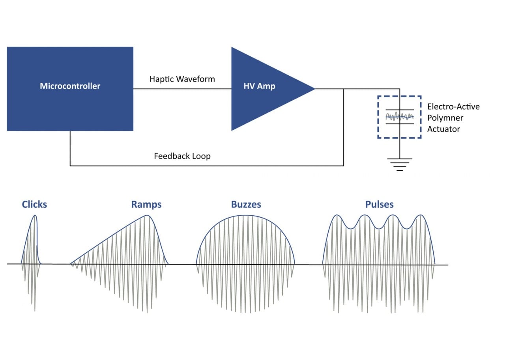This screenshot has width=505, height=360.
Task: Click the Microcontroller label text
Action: pyautogui.click(x=70, y=86)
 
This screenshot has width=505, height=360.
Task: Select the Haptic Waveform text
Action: pyautogui.click(x=182, y=79)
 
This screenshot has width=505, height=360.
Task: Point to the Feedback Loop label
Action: pyautogui.click(x=182, y=156)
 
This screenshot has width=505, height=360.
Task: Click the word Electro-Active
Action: pyautogui.click(x=453, y=107)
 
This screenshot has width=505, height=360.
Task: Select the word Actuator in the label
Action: pyautogui.click(x=443, y=129)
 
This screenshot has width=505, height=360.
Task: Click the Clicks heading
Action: pyautogui.click(x=34, y=204)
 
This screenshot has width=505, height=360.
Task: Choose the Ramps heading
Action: pyautogui.click(x=146, y=204)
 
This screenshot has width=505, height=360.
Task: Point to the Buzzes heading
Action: pyautogui.click(x=246, y=204)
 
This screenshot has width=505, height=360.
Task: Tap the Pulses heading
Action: pyautogui.click(x=379, y=204)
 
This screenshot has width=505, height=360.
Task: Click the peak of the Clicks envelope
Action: pyautogui.click(x=36, y=215)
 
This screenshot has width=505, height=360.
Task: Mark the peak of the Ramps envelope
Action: pyautogui.click(x=147, y=215)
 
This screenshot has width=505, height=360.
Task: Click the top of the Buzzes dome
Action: pyautogui.click(x=245, y=215)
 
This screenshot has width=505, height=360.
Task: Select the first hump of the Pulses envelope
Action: pyautogui.click(x=337, y=215)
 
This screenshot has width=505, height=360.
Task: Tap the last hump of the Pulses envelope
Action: pyautogui.click(x=421, y=215)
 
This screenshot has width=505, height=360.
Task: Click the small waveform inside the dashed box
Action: pyautogui.click(x=400, y=117)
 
